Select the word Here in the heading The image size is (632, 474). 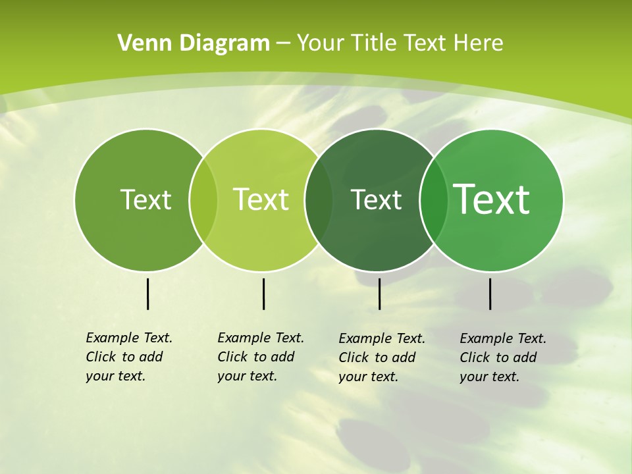pyautogui.click(x=478, y=43)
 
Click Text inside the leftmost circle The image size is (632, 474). pyautogui.click(x=145, y=199)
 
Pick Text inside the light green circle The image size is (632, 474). pyautogui.click(x=261, y=199)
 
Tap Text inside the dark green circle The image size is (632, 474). pyautogui.click(x=377, y=199)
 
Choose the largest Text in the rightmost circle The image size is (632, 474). pyautogui.click(x=492, y=199)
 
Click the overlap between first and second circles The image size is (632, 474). pyautogui.click(x=203, y=199)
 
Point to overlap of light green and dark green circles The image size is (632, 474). pyautogui.click(x=319, y=199)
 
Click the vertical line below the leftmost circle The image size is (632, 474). pyautogui.click(x=147, y=294)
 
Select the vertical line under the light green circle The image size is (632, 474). pyautogui.click(x=263, y=294)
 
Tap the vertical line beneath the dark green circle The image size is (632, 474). pyautogui.click(x=379, y=294)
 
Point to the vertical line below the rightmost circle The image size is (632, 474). pyautogui.click(x=490, y=294)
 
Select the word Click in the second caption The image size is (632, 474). pyautogui.click(x=232, y=357)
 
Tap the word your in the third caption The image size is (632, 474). pyautogui.click(x=352, y=377)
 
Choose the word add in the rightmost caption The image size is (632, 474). pyautogui.click(x=525, y=357)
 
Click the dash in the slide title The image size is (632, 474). pyautogui.click(x=283, y=44)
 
